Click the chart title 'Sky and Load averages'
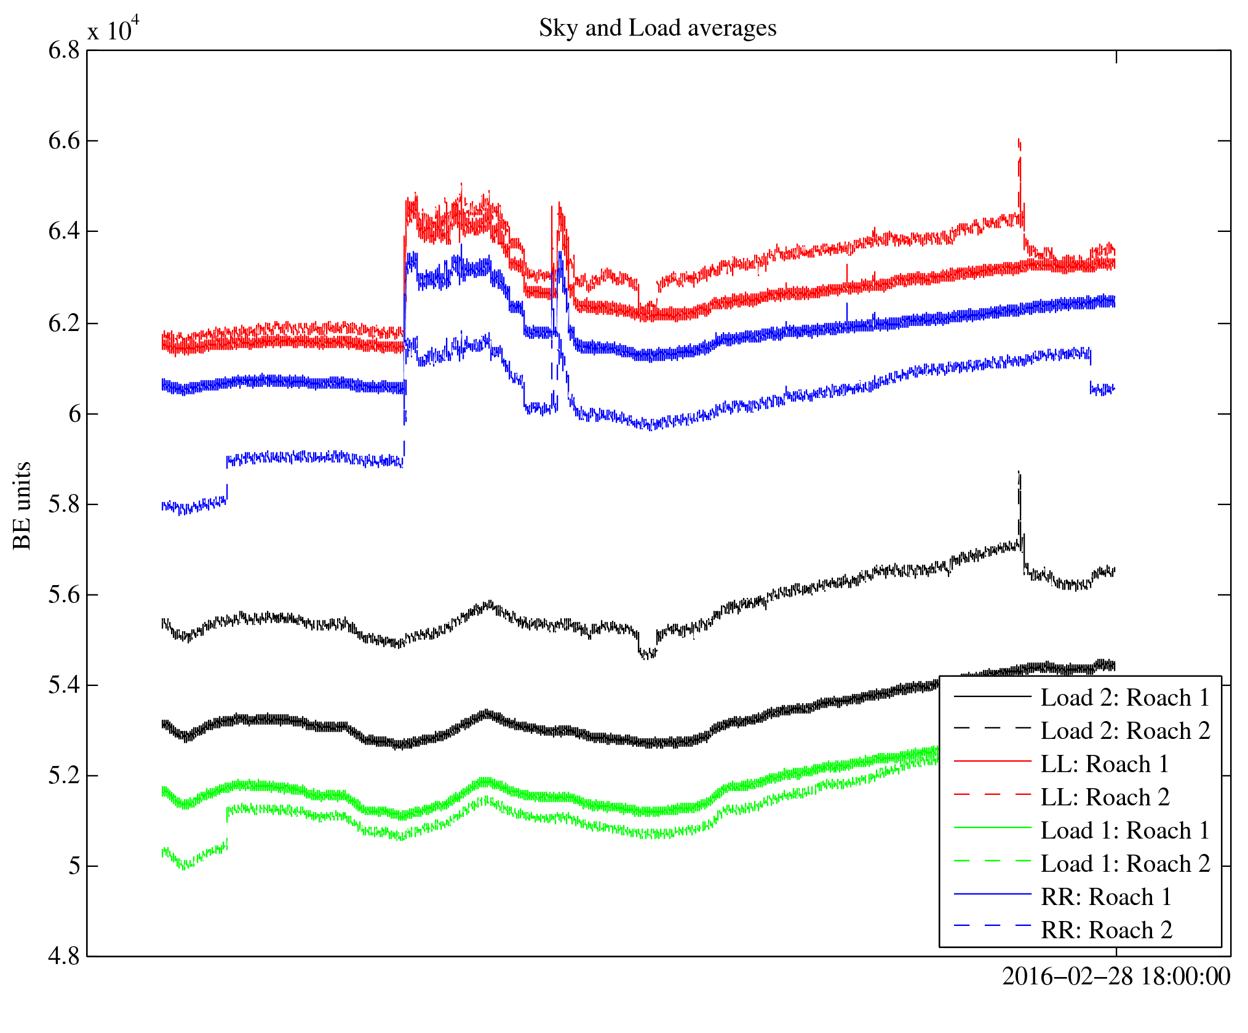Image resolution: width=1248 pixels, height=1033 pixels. pyautogui.click(x=658, y=28)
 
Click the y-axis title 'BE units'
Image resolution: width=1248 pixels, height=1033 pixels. pyautogui.click(x=23, y=505)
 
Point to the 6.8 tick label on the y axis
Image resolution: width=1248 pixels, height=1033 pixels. pyautogui.click(x=64, y=50)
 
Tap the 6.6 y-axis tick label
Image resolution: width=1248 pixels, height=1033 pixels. pyautogui.click(x=64, y=141)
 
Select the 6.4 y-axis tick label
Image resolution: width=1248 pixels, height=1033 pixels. pyautogui.click(x=64, y=232)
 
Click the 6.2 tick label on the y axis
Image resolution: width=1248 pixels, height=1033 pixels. pyautogui.click(x=64, y=323)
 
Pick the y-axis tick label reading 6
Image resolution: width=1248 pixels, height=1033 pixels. pyautogui.click(x=74, y=414)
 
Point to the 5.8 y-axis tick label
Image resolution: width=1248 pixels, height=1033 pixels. pyautogui.click(x=64, y=505)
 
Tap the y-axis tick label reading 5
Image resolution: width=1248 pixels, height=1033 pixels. pyautogui.click(x=74, y=866)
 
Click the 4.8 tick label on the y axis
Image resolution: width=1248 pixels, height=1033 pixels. pyautogui.click(x=64, y=957)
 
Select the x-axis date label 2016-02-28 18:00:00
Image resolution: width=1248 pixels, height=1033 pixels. pyautogui.click(x=1116, y=976)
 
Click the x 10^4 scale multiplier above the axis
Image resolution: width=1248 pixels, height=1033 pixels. pyautogui.click(x=114, y=30)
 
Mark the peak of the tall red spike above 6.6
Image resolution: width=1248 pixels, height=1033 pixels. pyautogui.click(x=1019, y=140)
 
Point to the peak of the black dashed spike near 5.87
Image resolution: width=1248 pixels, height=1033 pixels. pyautogui.click(x=1019, y=472)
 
